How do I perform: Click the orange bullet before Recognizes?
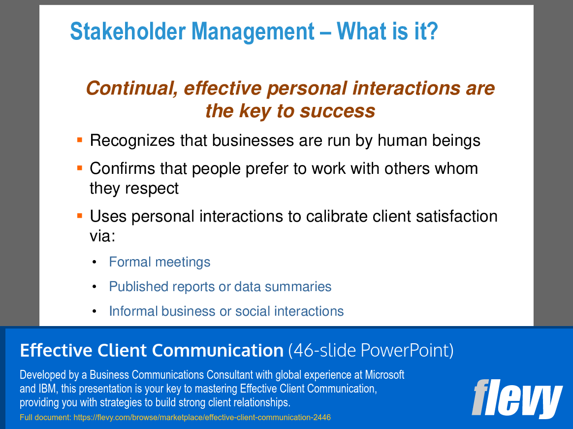pos(80,140)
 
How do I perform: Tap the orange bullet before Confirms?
pos(80,168)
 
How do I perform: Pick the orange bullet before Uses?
pos(80,216)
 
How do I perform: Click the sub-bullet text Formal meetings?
pos(159,262)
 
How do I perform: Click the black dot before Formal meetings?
pos(94,263)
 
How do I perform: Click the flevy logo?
pos(516,398)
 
